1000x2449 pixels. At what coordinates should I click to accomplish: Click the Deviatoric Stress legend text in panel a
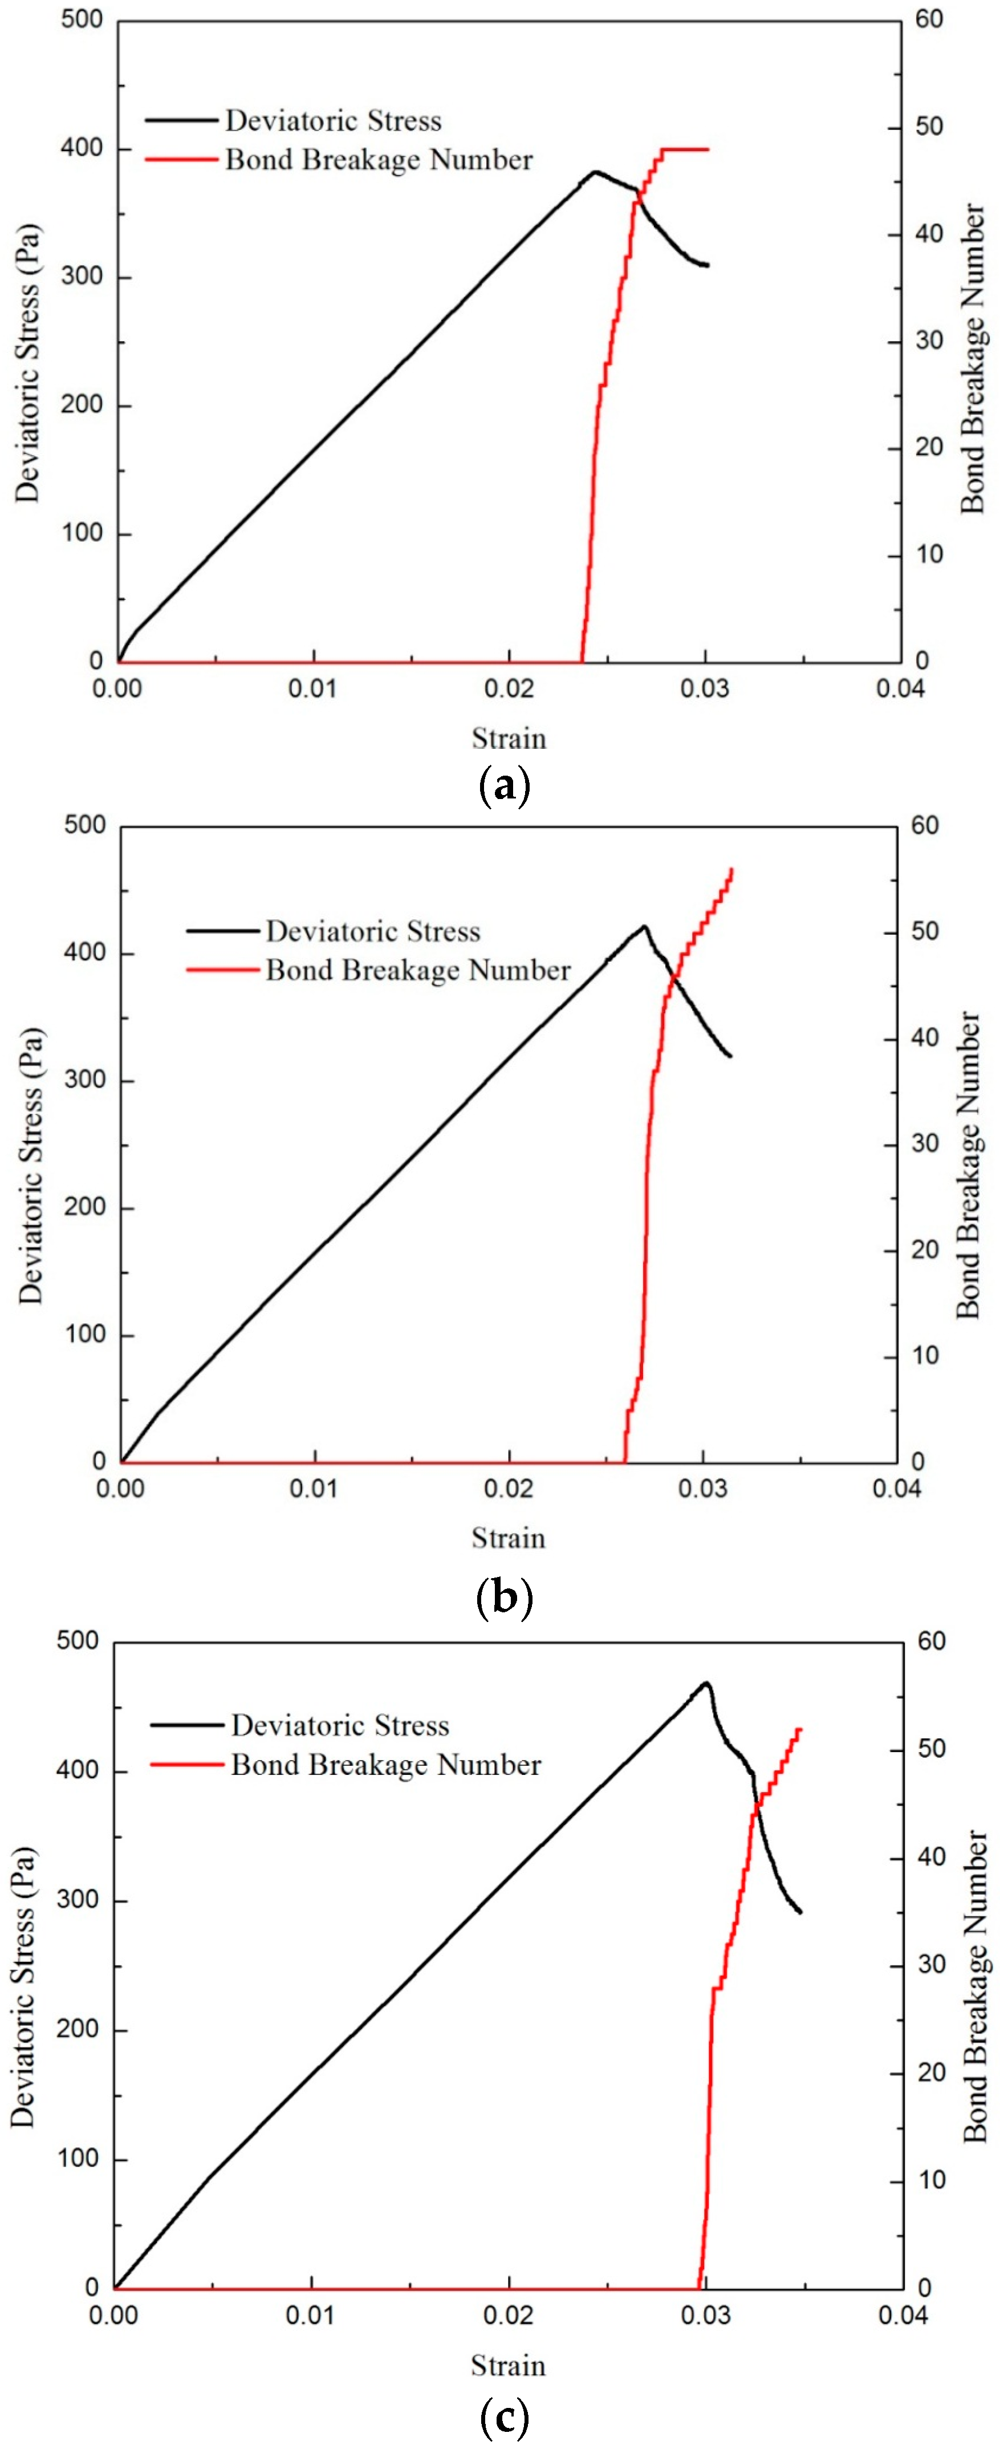333,121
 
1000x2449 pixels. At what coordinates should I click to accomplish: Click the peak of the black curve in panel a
596,172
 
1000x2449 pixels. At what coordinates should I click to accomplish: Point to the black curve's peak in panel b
644,926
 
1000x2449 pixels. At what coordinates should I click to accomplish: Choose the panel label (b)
504,1597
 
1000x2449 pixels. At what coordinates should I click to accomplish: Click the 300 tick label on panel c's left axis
76,1900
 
